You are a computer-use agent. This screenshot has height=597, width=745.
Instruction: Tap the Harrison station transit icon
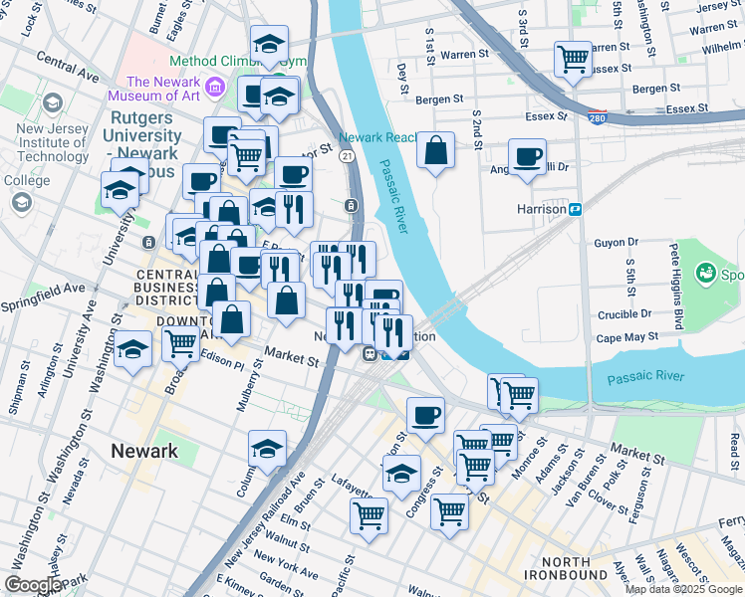click(576, 210)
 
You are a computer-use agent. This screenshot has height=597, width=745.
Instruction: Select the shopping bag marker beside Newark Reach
click(436, 152)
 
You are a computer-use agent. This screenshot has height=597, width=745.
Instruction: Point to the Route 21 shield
click(346, 156)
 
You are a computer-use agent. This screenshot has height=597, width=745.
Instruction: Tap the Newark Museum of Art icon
click(213, 90)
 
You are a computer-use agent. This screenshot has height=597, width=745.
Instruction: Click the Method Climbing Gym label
click(229, 62)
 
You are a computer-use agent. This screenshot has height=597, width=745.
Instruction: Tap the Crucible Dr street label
click(625, 313)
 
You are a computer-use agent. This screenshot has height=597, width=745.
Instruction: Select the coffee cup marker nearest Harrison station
click(527, 155)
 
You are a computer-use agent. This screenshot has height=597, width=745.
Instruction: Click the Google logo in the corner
click(32, 585)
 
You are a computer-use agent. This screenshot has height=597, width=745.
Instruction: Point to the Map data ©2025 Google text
click(683, 589)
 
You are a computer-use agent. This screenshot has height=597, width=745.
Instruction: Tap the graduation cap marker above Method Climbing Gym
click(269, 44)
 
